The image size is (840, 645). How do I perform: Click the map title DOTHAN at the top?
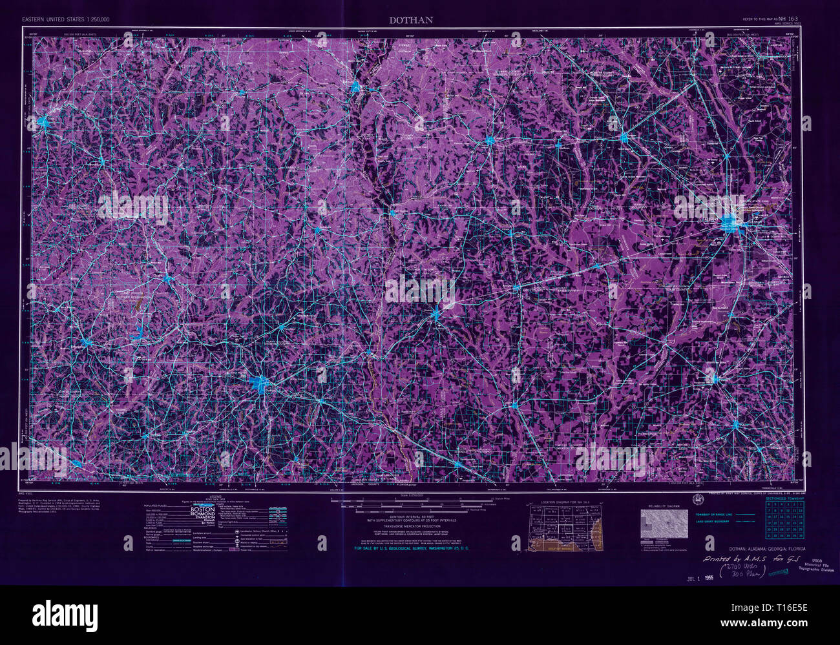pyautogui.click(x=411, y=19)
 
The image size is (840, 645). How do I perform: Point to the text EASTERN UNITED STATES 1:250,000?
pyautogui.click(x=66, y=20)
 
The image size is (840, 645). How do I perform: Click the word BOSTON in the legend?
pyautogui.click(x=202, y=509)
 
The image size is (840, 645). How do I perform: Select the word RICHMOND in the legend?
pyautogui.click(x=202, y=517)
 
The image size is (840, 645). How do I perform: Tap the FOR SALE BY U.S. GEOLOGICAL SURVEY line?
pyautogui.click(x=412, y=548)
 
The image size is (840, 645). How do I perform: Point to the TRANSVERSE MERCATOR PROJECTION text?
pyautogui.click(x=412, y=526)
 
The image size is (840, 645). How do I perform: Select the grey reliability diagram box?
pyautogui.click(x=664, y=524)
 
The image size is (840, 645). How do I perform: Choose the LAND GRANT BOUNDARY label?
pyautogui.click(x=712, y=521)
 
